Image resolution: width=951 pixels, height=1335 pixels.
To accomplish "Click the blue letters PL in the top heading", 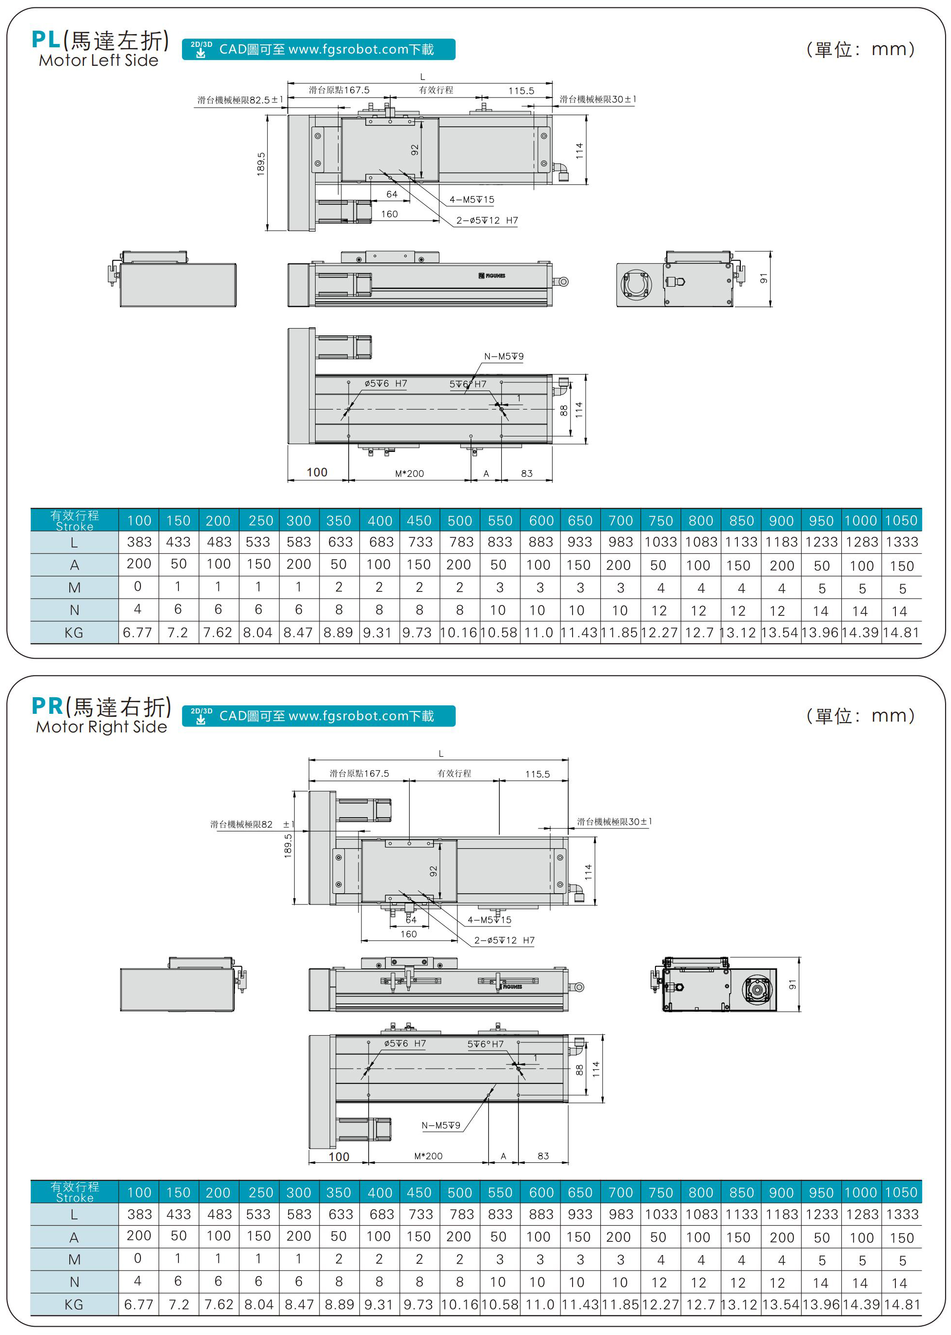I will [46, 40].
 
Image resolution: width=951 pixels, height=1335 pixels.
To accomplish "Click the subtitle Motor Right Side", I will [101, 726].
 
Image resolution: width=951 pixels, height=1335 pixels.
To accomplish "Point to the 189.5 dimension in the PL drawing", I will [261, 164].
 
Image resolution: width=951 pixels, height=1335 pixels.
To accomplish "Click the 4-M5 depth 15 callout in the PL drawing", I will [472, 199].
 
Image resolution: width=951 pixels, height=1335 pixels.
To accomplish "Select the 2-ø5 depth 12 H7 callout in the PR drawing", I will [504, 941].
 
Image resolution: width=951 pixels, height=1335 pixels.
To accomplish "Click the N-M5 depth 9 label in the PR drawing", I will [440, 1125].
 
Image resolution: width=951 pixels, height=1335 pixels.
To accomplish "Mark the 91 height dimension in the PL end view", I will [764, 279].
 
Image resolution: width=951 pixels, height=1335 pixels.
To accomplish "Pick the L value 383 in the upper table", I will [139, 542].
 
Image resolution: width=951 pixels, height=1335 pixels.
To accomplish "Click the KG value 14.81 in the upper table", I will [901, 633].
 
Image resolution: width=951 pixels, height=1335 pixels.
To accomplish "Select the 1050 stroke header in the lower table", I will [901, 1193].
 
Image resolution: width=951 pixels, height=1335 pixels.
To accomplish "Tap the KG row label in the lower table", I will [74, 1305].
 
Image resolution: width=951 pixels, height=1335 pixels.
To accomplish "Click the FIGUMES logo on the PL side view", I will [493, 276].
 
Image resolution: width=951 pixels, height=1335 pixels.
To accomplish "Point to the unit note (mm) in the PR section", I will [860, 715].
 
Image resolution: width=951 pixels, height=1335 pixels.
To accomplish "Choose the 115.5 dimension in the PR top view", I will [537, 774].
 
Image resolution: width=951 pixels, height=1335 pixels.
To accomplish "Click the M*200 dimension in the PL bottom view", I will [409, 474].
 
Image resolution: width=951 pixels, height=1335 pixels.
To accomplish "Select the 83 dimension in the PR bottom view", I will [543, 1156].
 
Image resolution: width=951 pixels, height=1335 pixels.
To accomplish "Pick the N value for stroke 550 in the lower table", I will [498, 1282].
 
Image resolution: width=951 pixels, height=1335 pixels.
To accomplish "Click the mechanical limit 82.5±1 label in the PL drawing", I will [240, 100].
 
